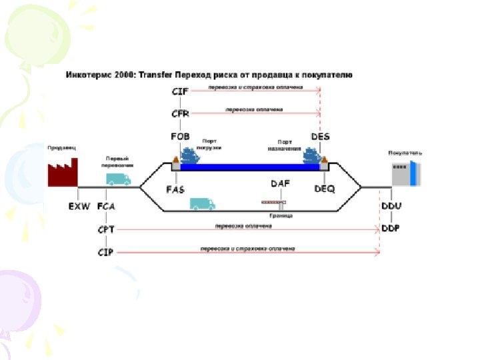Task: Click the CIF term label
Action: point(180,91)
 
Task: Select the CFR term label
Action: point(181,113)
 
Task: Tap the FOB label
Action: point(181,137)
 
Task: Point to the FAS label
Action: point(175,189)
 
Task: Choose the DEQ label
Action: point(325,189)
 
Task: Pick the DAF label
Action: point(280,183)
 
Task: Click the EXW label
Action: point(80,207)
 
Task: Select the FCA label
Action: point(106,207)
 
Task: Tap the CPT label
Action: point(106,229)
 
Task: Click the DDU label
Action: point(391,207)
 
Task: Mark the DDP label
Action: point(391,228)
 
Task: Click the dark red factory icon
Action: point(62,172)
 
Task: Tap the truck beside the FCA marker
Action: point(118,179)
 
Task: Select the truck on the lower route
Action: point(202,203)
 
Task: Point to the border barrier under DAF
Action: point(273,201)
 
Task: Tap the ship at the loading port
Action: point(191,156)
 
